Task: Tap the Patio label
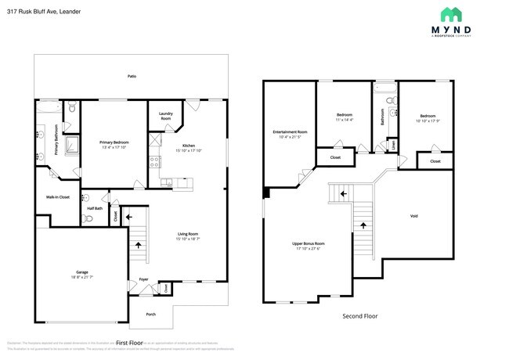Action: (x=132, y=76)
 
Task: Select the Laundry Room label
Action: (x=165, y=115)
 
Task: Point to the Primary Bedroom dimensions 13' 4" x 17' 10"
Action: (x=114, y=147)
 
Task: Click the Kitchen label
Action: (x=189, y=146)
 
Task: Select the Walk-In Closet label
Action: (x=59, y=196)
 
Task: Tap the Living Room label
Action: (x=187, y=233)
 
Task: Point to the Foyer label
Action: (x=143, y=279)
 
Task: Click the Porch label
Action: (x=150, y=315)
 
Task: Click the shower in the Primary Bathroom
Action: (x=72, y=143)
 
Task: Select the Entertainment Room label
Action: (x=289, y=131)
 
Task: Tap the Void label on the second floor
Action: (x=413, y=215)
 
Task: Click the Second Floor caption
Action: (x=360, y=316)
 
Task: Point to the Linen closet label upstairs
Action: (x=393, y=144)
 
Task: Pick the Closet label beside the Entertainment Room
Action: (x=334, y=157)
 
